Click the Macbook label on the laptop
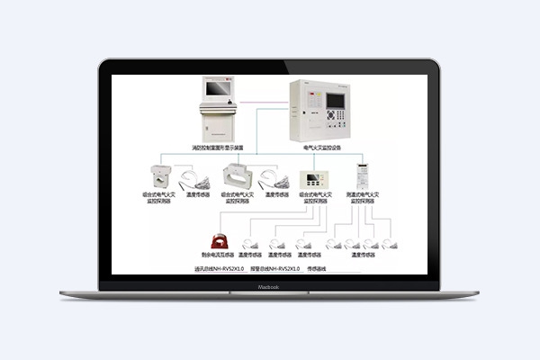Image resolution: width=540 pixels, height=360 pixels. point(269,287)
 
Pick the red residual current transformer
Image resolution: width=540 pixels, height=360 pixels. point(220,240)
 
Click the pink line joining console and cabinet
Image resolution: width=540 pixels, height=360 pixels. point(264,89)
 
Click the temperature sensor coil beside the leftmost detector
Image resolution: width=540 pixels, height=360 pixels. point(193,178)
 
